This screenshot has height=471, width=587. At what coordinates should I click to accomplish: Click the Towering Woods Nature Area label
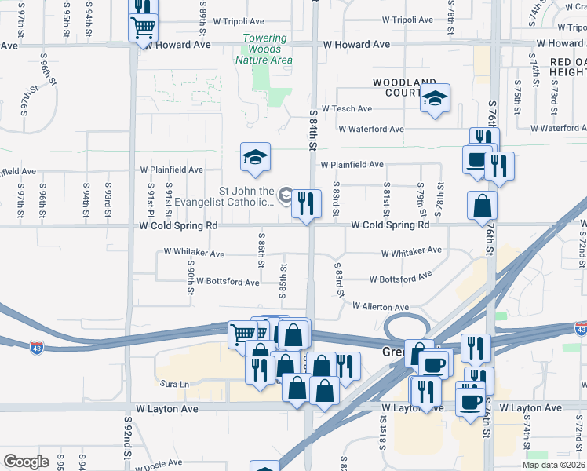[x=268, y=49]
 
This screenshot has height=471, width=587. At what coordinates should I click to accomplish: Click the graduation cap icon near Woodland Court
[x=434, y=99]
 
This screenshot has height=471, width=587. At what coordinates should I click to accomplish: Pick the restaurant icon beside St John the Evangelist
[x=306, y=203]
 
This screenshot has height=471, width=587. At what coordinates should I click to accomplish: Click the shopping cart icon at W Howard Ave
[x=143, y=29]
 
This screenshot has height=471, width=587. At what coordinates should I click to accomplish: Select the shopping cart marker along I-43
[x=242, y=334]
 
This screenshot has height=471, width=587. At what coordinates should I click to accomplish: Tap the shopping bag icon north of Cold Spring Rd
[x=482, y=206]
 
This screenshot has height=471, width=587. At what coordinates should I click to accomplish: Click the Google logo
[x=27, y=462]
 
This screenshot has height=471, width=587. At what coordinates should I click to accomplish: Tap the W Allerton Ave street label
[x=381, y=307]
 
